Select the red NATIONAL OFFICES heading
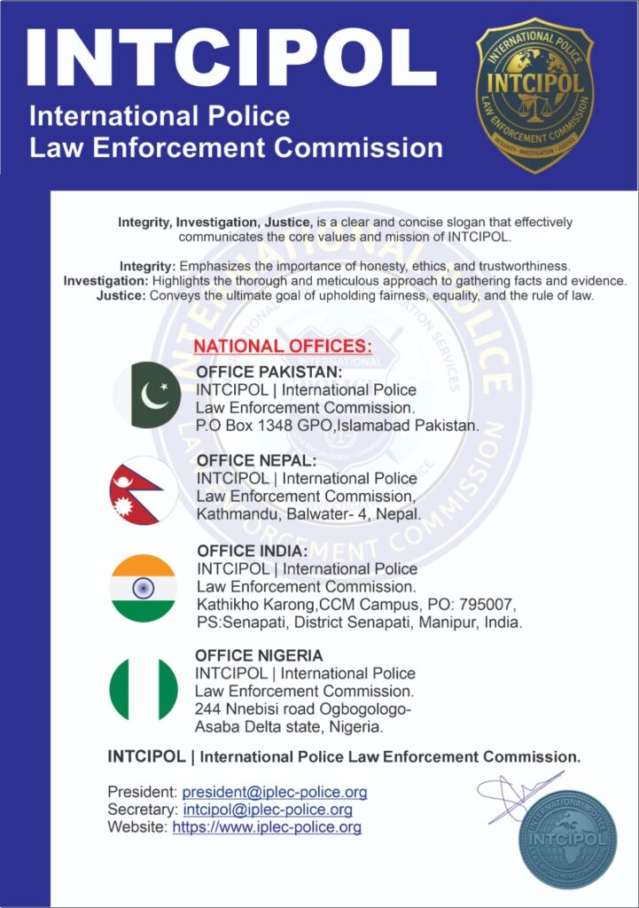pos(284,346)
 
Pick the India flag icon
pos(143,587)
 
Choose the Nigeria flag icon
pos(144,689)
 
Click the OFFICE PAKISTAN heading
pos(269,372)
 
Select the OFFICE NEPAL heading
pos(256,461)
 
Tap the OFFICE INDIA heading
pos(253,551)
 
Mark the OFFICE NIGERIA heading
pos(259,655)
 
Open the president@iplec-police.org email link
pos(274,792)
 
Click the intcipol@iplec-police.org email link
pos(268,810)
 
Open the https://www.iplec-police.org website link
pos(267,827)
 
